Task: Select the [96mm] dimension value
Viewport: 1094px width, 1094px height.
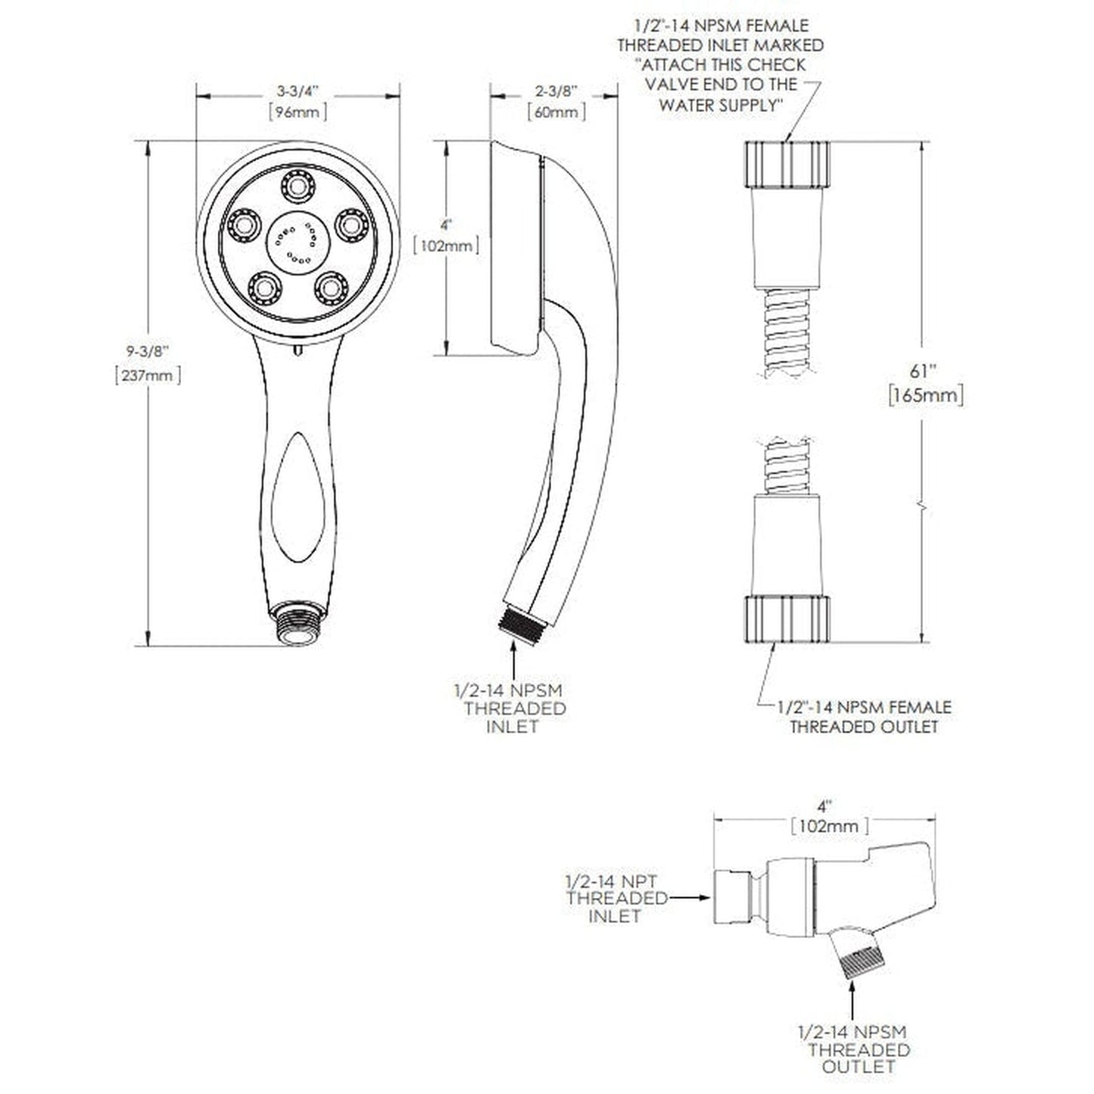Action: point(298,112)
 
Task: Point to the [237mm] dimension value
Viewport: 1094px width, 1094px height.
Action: point(148,375)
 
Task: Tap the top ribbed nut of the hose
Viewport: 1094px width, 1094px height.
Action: point(787,164)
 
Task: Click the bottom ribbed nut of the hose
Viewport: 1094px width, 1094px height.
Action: point(787,618)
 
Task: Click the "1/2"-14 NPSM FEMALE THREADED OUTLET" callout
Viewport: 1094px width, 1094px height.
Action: point(864,717)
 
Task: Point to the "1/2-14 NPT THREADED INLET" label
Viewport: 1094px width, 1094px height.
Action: point(613,899)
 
